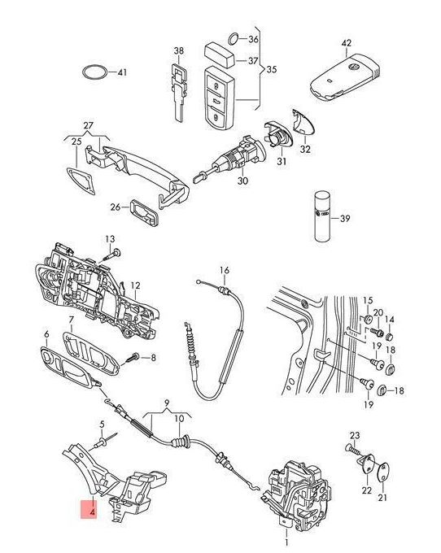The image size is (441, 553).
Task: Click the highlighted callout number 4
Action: click(93, 511)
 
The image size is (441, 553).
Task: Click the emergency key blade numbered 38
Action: click(179, 93)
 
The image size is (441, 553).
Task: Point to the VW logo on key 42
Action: click(353, 67)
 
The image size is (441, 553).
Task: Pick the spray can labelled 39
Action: click(321, 216)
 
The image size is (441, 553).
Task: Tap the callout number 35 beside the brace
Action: click(271, 69)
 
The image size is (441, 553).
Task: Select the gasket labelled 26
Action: click(145, 212)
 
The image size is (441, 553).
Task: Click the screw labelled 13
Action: click(111, 255)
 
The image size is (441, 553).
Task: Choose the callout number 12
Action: click(135, 285)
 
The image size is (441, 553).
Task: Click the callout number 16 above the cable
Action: click(225, 271)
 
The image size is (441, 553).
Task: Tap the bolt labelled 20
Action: click(377, 332)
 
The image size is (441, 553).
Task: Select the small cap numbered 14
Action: click(389, 336)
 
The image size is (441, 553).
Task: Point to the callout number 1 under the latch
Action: click(286, 542)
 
